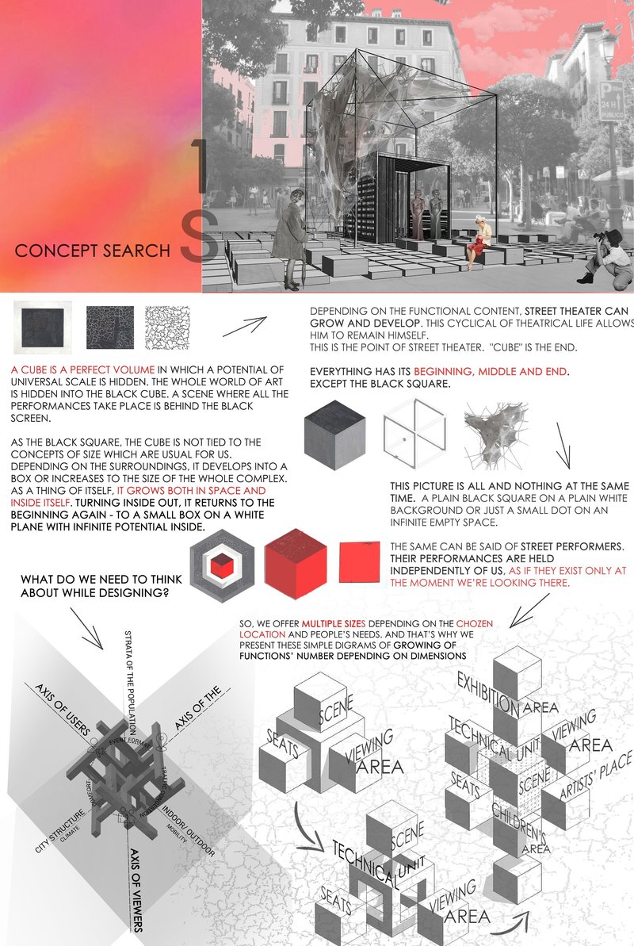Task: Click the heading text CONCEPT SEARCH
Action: click(93, 251)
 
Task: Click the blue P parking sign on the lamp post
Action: click(609, 101)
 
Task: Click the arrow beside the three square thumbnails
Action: click(243, 325)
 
